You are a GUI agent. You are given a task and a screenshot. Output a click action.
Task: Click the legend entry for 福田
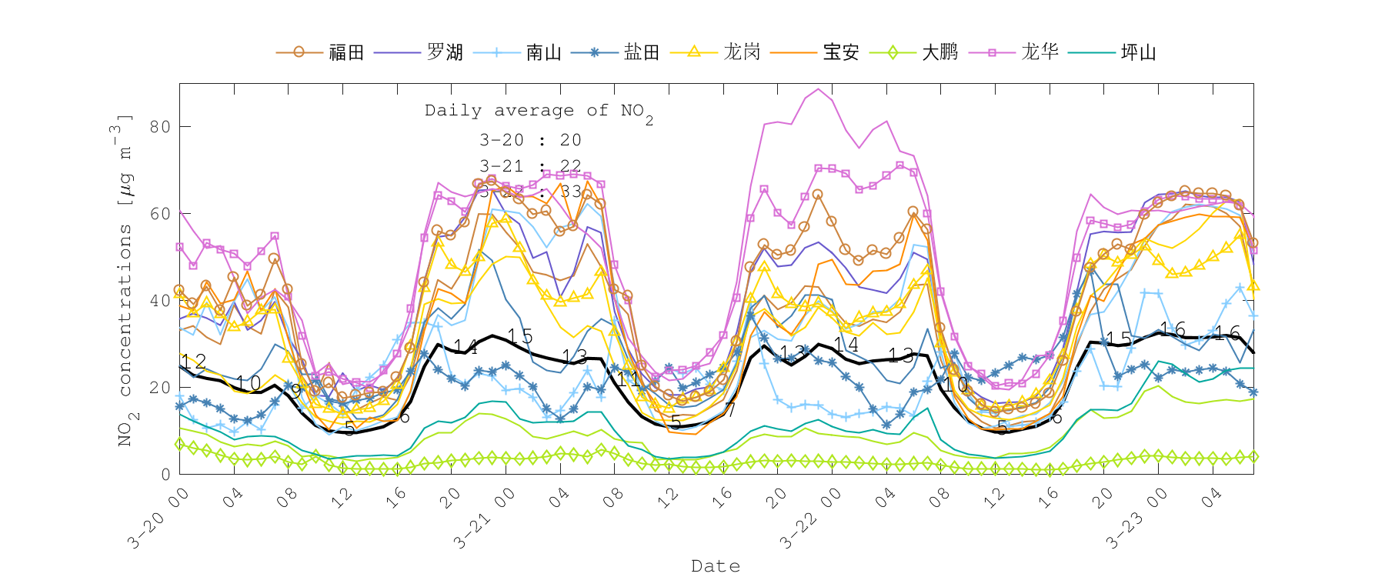(x=345, y=52)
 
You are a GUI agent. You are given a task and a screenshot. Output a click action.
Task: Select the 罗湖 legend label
(x=445, y=52)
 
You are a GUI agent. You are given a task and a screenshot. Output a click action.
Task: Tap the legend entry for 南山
(x=543, y=52)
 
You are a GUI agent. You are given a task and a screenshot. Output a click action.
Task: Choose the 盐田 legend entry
(x=642, y=52)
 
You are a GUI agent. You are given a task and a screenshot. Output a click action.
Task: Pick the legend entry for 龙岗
(x=742, y=52)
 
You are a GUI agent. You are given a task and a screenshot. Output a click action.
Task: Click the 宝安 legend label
(x=840, y=52)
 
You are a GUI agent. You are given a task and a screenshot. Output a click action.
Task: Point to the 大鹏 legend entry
(x=939, y=52)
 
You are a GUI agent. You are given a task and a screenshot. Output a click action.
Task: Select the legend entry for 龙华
(x=1040, y=52)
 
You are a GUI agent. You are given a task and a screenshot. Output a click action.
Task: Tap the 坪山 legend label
(x=1138, y=52)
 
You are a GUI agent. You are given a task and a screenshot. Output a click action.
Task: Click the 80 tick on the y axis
(x=160, y=126)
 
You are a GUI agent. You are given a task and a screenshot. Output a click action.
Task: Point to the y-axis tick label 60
(x=160, y=214)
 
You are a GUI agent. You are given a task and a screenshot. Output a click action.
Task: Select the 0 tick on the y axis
(x=165, y=475)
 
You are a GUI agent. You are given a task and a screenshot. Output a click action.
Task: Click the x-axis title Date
(x=716, y=565)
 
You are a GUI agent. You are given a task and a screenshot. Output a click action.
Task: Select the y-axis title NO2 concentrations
(x=125, y=281)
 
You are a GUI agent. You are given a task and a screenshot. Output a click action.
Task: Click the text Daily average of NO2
(x=539, y=112)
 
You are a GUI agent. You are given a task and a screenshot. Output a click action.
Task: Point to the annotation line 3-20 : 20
(x=530, y=140)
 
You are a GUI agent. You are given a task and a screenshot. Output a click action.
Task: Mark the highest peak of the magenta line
(x=819, y=89)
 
